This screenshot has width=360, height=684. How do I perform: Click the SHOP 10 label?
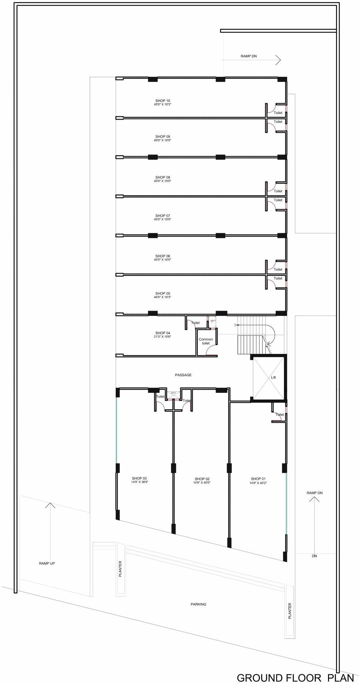click(x=163, y=100)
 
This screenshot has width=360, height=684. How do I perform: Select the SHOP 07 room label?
click(x=163, y=215)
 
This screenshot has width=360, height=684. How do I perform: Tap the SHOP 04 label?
click(x=163, y=333)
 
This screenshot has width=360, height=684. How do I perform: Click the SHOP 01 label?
click(x=258, y=479)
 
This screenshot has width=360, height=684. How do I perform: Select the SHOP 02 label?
click(x=202, y=479)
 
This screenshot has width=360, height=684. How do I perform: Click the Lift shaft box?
click(x=269, y=377)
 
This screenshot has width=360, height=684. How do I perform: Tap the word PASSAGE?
click(x=183, y=375)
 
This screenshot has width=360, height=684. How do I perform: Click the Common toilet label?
click(x=205, y=341)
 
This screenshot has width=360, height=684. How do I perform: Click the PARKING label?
click(x=198, y=604)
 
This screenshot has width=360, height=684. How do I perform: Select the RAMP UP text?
click(x=47, y=563)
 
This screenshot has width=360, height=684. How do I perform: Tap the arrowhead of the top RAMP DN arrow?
click(x=279, y=60)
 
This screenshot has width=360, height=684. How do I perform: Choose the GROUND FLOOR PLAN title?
click(x=295, y=678)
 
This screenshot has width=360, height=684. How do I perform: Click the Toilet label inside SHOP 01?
click(x=280, y=415)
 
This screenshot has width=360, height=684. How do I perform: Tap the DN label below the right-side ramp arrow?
click(x=314, y=556)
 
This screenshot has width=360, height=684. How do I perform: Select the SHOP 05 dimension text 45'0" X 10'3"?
click(x=163, y=297)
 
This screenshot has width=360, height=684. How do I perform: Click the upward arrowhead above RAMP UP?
click(x=50, y=505)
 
